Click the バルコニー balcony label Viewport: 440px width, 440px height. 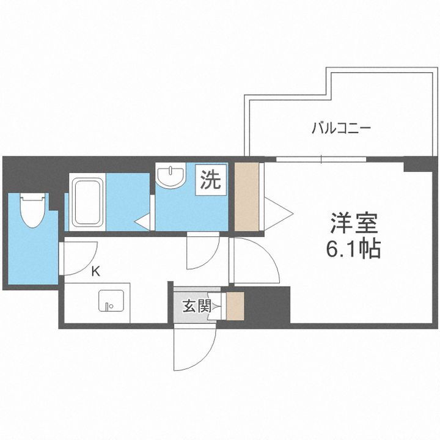342,129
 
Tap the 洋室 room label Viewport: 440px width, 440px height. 354,224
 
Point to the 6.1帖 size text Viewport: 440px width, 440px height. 354,249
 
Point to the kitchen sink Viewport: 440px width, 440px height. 111,301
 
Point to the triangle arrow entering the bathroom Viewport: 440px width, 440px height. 144,222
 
